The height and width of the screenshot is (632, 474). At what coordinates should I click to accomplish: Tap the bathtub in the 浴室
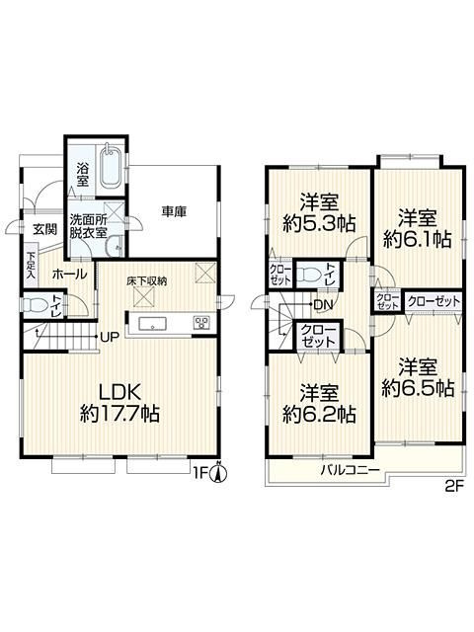click(109, 167)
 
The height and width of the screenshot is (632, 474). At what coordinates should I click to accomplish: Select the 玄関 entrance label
click(44, 229)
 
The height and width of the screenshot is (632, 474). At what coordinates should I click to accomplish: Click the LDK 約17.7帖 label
click(119, 401)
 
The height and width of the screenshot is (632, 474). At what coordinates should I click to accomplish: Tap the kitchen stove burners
click(202, 323)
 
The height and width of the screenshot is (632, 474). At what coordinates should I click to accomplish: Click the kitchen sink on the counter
click(155, 323)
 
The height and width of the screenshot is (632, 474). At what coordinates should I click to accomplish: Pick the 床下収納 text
click(146, 280)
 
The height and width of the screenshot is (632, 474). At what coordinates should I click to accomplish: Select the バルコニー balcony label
click(351, 471)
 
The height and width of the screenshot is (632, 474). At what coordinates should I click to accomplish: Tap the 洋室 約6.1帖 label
click(417, 227)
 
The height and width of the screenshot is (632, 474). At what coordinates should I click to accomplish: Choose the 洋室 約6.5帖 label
click(418, 378)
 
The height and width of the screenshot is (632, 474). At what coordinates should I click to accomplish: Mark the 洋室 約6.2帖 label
click(318, 404)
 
